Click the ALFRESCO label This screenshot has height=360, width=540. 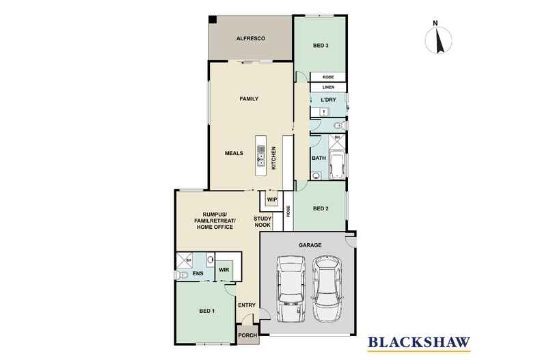pyautogui.click(x=251, y=38)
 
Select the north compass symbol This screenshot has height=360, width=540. pyautogui.click(x=438, y=39)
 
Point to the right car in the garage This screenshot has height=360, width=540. pyautogui.click(x=327, y=288)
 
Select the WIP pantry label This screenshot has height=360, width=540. pyautogui.click(x=271, y=199)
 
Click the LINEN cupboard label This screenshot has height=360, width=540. pyautogui.click(x=327, y=87)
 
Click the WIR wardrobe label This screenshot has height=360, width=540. pyautogui.click(x=224, y=270)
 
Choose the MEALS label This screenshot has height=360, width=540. pyautogui.click(x=234, y=153)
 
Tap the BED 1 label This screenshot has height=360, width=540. pyautogui.click(x=206, y=311)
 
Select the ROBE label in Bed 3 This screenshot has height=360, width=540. pyautogui.click(x=327, y=77)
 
